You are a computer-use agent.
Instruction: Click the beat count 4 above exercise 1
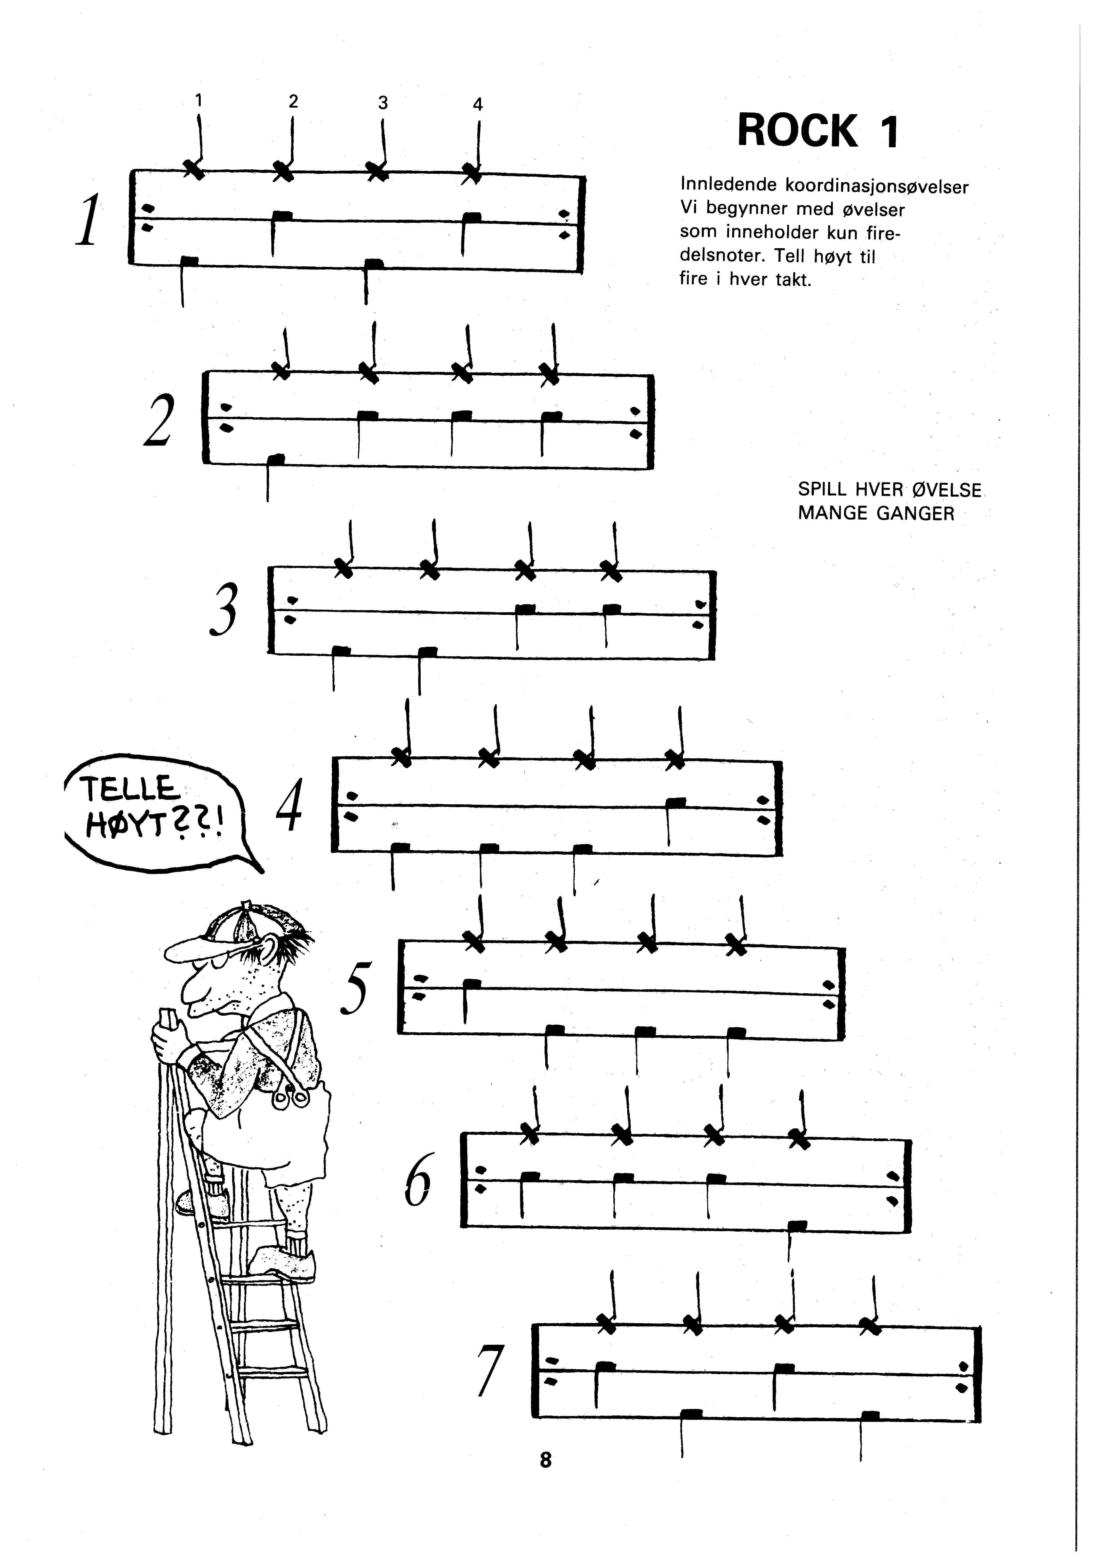pyautogui.click(x=477, y=104)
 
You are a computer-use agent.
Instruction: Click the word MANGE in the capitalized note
pyautogui.click(x=834, y=514)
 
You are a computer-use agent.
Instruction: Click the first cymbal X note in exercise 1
pyautogui.click(x=195, y=168)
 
